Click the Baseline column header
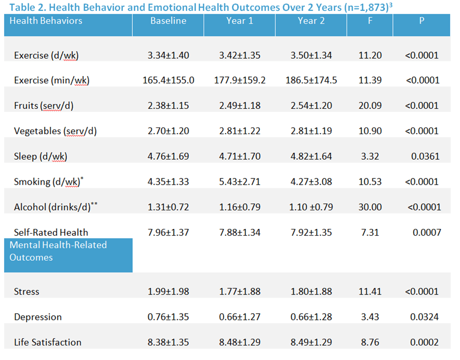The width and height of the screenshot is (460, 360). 168,21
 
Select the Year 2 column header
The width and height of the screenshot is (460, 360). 311,21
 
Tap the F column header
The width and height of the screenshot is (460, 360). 370,21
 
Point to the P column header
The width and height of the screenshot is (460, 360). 421,21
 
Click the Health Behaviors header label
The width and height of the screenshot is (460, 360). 46,21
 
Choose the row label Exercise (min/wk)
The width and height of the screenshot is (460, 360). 52,81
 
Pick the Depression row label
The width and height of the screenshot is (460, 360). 38,317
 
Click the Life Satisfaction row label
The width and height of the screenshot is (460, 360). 47,342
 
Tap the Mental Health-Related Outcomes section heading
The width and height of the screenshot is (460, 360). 58,251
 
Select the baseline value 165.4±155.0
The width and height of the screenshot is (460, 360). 169,80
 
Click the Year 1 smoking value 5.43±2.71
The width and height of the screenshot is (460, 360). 240,182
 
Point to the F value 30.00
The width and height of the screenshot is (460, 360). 370,207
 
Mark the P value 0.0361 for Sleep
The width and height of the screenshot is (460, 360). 425,157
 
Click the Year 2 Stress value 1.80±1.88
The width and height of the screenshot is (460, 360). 311,292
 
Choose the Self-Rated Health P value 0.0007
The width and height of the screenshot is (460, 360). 427,233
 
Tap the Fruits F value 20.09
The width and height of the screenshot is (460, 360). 370,106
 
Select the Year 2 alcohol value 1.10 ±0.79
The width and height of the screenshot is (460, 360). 311,207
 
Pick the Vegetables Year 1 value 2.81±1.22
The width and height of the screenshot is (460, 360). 240,131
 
